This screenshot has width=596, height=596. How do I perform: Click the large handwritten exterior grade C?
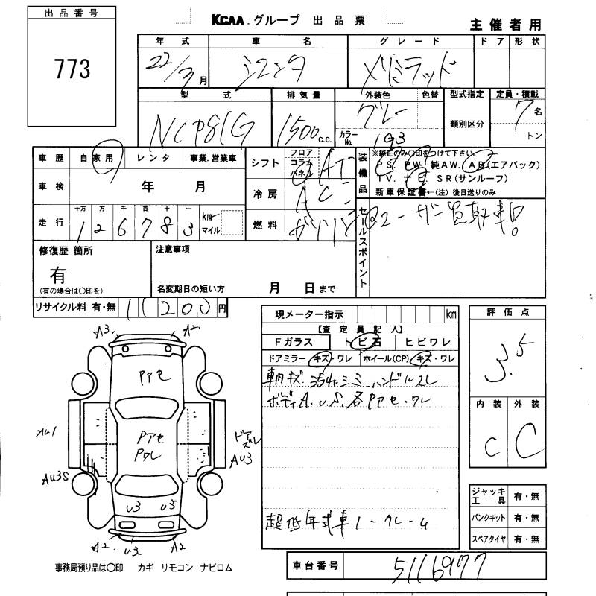(x=526, y=443)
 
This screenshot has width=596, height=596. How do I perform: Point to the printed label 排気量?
(x=304, y=95)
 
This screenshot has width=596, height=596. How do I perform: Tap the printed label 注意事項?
(x=174, y=249)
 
